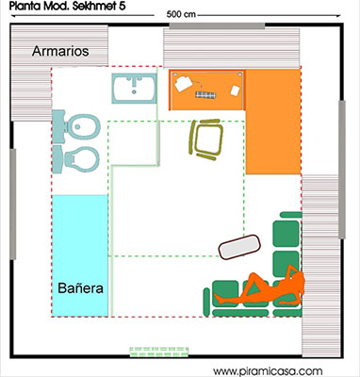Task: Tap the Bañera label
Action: [78, 287]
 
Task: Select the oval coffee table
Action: [239, 246]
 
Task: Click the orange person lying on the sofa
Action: [259, 287]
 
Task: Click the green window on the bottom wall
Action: [166, 352]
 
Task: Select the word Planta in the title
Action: [25, 7]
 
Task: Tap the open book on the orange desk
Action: [183, 84]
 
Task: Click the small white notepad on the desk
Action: [231, 90]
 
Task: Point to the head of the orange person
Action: [295, 274]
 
